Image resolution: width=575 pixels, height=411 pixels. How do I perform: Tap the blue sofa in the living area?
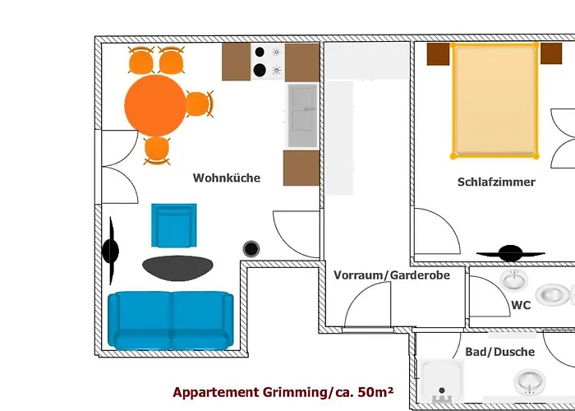[170, 319]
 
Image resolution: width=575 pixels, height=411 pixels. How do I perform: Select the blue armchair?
[173, 225]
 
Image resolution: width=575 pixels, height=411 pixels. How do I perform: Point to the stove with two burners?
[268, 62]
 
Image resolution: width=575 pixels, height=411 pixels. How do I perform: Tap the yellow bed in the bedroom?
[494, 100]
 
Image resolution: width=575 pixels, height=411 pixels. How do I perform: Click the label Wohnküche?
[227, 178]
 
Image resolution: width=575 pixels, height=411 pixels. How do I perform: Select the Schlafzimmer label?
[496, 182]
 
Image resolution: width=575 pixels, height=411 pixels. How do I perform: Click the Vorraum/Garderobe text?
[392, 275]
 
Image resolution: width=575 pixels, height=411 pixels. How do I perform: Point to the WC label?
[521, 305]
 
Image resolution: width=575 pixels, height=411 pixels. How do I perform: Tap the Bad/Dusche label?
[499, 352]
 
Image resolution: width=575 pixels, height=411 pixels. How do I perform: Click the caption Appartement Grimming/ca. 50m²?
[283, 393]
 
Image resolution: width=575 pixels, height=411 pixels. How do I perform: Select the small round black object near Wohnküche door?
[251, 247]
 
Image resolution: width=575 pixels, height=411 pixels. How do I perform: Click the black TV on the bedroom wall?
[510, 251]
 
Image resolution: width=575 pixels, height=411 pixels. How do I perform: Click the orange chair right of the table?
[199, 104]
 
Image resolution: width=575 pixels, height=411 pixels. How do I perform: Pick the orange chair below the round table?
[156, 150]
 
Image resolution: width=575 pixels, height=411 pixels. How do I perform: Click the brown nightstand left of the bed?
[439, 53]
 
